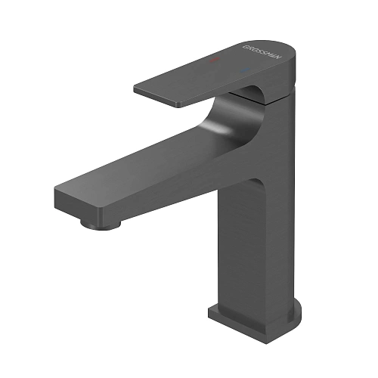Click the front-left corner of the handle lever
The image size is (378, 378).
pos(136,90)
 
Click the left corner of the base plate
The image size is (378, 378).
pos(211,311)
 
